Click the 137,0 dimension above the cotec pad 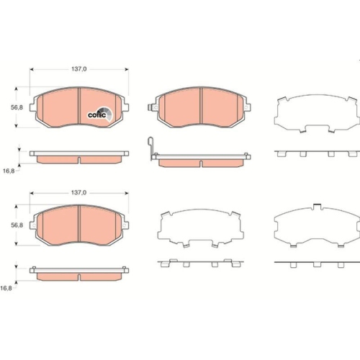(x=79, y=68)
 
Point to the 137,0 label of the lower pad (x=79, y=193)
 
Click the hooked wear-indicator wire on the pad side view (x=149, y=148)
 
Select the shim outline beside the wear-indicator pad (x=315, y=114)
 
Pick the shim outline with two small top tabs (x=315, y=229)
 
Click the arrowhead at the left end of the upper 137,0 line (x=32, y=69)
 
